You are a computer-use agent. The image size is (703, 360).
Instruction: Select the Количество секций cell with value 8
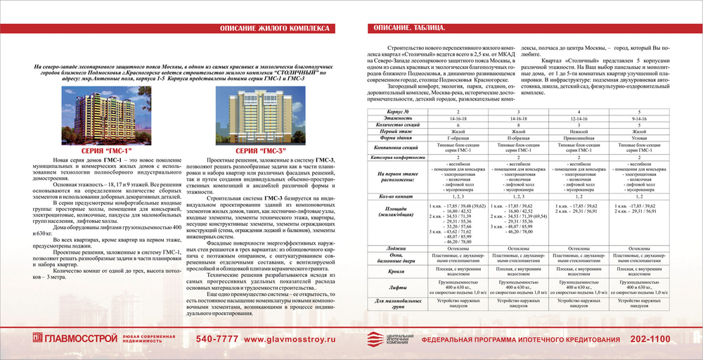[x=518, y=125]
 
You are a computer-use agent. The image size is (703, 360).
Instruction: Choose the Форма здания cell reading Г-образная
[x=458, y=139]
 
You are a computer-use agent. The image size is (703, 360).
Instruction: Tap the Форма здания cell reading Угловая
[x=639, y=139]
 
